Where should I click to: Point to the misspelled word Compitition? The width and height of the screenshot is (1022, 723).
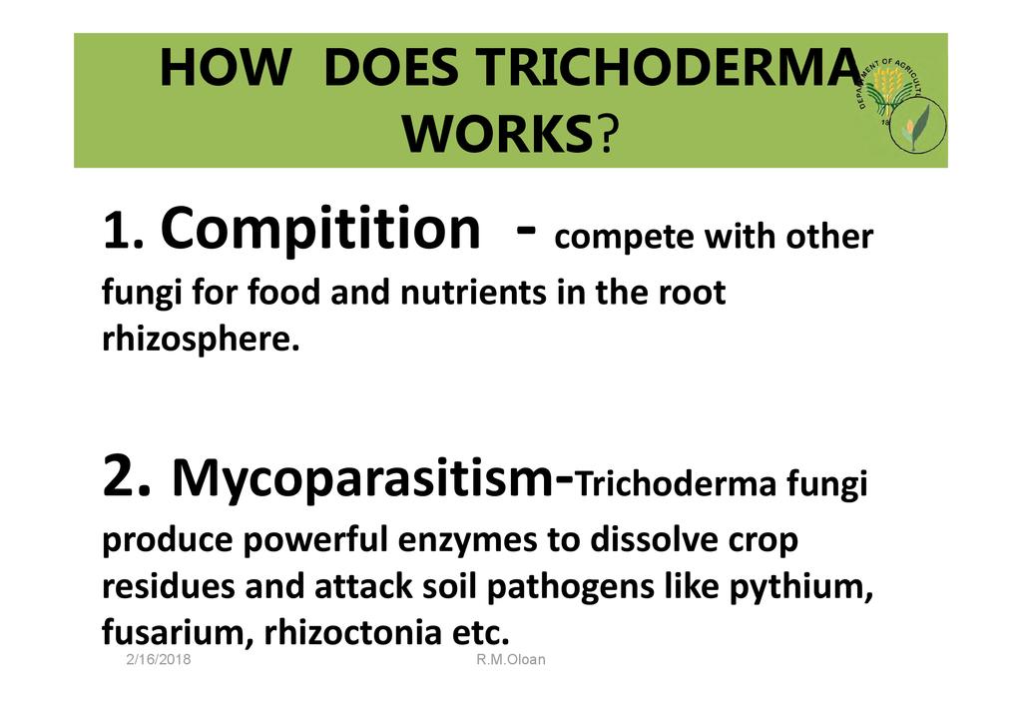320,229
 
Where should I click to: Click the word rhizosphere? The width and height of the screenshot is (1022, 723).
201,339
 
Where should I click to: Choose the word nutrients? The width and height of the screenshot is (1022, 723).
473,293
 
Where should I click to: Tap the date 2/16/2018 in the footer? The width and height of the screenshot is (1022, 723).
159,659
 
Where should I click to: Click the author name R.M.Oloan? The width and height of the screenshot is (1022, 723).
510,659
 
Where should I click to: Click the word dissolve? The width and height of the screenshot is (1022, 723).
654,539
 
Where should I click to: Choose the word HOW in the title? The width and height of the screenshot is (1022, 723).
225,68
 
